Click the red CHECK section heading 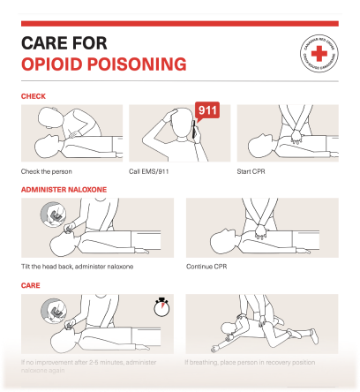34,95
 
